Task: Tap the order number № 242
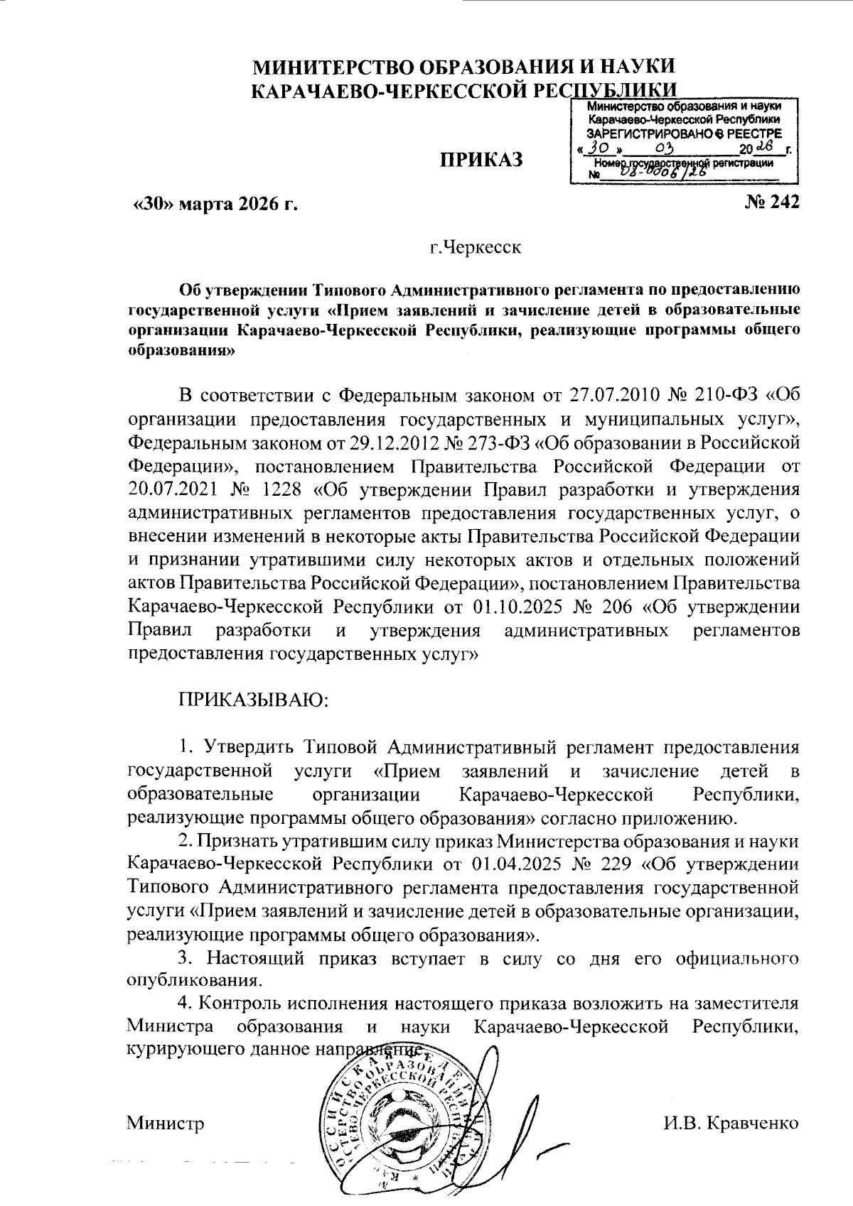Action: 771,203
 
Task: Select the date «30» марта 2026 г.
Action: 215,205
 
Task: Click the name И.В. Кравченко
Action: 731,1123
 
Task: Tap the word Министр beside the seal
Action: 165,1124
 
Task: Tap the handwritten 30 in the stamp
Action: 597,148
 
